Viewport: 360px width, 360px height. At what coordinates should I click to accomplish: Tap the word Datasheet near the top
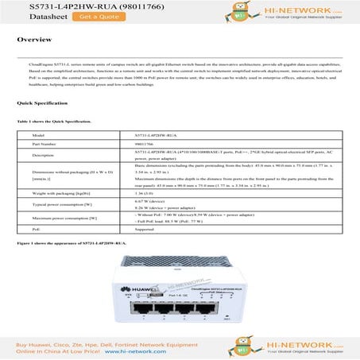click(x=34, y=15)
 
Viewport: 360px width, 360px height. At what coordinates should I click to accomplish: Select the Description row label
click(x=45, y=155)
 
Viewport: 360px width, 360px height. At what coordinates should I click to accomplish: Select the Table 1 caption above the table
click(x=56, y=122)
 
